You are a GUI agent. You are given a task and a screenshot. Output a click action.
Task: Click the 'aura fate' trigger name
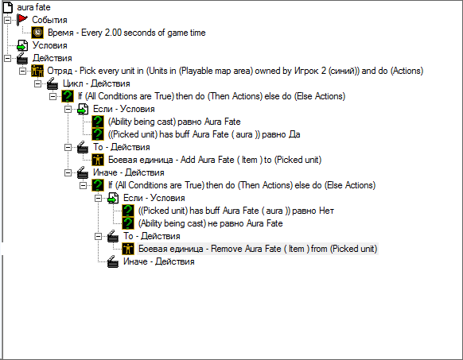point(33,7)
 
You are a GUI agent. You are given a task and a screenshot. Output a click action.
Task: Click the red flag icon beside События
point(22,20)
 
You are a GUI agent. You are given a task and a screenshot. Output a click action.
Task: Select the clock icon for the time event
point(37,33)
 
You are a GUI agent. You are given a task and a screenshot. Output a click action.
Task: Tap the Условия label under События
point(49,45)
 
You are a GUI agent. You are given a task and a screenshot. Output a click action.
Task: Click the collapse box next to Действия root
point(7,58)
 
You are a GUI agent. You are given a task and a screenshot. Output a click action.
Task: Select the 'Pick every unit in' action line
point(235,71)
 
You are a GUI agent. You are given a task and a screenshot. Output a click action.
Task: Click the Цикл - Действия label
point(96,83)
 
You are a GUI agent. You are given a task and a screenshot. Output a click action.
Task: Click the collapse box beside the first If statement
point(53,96)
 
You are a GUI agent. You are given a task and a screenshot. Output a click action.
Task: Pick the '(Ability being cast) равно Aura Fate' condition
point(174,122)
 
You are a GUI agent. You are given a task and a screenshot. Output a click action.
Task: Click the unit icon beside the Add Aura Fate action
point(98,160)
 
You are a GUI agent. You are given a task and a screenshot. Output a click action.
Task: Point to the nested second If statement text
point(242,185)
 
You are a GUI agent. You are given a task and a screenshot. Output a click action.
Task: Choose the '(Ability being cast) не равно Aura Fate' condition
point(210,223)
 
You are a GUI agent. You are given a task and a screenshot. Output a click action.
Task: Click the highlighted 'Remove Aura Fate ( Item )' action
point(258,249)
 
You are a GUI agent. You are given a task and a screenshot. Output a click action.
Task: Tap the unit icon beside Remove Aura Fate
point(128,249)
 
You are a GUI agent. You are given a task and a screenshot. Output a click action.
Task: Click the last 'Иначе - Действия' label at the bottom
point(159,261)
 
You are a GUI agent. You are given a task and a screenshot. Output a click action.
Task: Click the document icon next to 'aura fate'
point(8,7)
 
